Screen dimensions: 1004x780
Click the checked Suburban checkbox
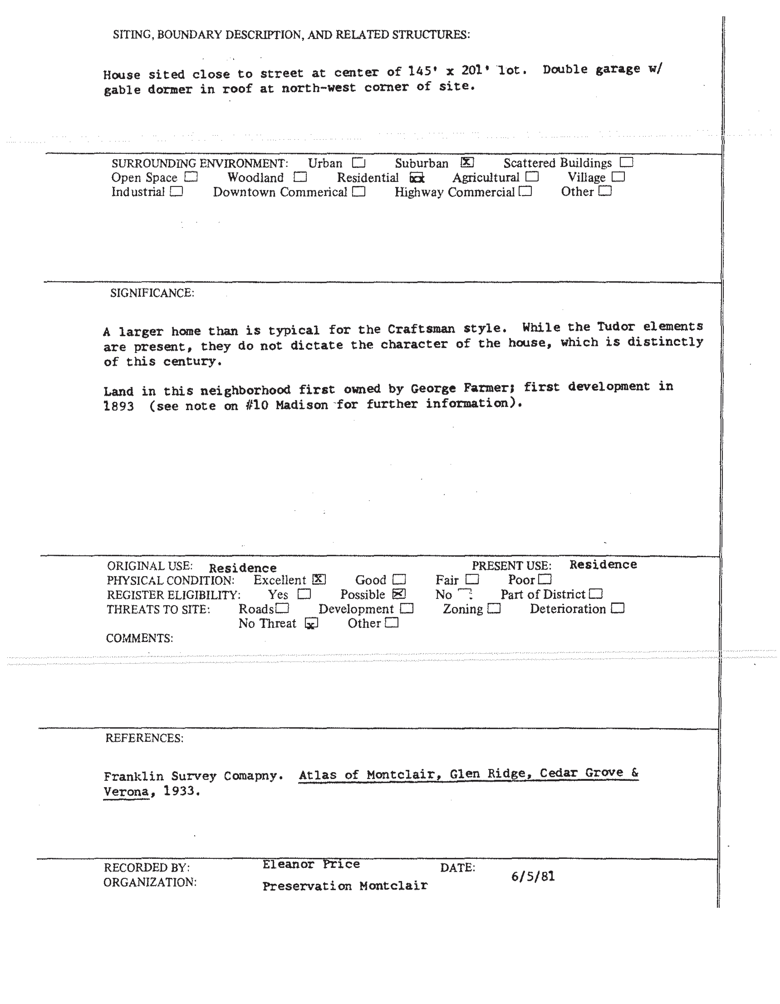point(467,162)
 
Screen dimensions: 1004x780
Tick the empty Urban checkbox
point(358,163)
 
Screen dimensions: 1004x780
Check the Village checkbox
point(618,177)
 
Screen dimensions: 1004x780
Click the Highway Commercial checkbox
point(525,191)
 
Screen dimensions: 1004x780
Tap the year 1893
point(119,406)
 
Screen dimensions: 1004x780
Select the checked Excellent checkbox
point(318,580)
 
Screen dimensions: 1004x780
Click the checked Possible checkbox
point(399,594)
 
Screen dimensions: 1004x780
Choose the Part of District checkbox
point(596,594)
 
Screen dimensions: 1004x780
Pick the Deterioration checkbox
point(618,608)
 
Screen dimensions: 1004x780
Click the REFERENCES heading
point(144,738)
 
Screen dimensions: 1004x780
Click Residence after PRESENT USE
point(603,564)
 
